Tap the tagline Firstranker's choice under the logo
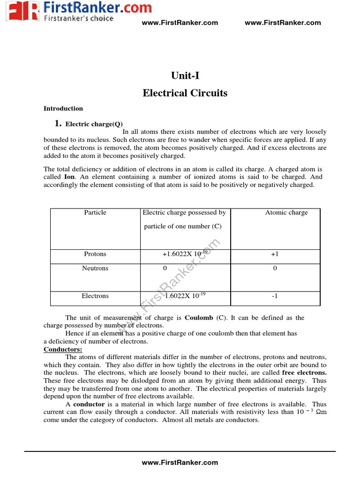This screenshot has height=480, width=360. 78,18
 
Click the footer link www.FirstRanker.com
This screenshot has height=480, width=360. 180,462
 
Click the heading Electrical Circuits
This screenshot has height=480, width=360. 185,93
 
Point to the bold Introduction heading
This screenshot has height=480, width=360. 63,108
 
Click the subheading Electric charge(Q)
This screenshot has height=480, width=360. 94,124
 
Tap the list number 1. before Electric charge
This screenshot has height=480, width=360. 58,124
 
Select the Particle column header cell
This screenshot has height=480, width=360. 95,212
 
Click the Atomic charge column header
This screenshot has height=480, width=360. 286,212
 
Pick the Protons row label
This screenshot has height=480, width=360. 95,254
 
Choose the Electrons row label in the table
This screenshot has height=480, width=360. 95,296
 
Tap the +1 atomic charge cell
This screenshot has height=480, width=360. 275,254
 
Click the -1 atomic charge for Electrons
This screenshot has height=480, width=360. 275,296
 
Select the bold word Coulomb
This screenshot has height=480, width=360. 199,317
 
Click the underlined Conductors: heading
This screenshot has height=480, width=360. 63,350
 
